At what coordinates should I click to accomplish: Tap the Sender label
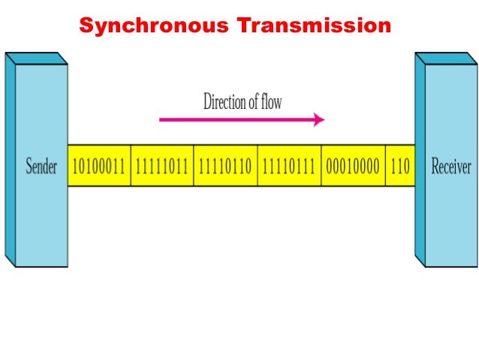point(42,166)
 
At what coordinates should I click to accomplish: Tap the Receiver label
point(450,166)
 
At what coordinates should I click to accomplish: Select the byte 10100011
point(99,166)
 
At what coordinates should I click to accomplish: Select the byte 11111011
point(162,166)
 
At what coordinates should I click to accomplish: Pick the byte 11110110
point(225,166)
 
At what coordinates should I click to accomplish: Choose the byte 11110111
point(289,166)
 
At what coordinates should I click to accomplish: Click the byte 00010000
point(353,166)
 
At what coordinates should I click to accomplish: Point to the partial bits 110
point(400,166)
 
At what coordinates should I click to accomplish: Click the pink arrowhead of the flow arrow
point(319,119)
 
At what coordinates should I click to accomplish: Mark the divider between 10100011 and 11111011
point(131,166)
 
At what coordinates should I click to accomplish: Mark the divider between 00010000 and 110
point(385,166)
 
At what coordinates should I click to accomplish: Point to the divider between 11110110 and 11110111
point(258,166)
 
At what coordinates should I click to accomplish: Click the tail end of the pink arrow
point(161,119)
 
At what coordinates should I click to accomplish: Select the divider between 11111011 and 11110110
point(194,166)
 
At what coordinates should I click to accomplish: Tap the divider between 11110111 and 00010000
point(321,166)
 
